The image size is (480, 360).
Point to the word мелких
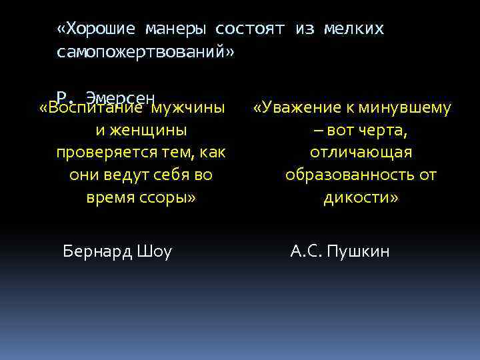click(354, 29)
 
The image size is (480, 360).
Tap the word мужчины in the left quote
click(188, 107)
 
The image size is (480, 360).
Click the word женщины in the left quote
click(153, 130)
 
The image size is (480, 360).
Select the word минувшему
click(405, 107)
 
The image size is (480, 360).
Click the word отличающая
click(361, 153)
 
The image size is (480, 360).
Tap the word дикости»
click(361, 198)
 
